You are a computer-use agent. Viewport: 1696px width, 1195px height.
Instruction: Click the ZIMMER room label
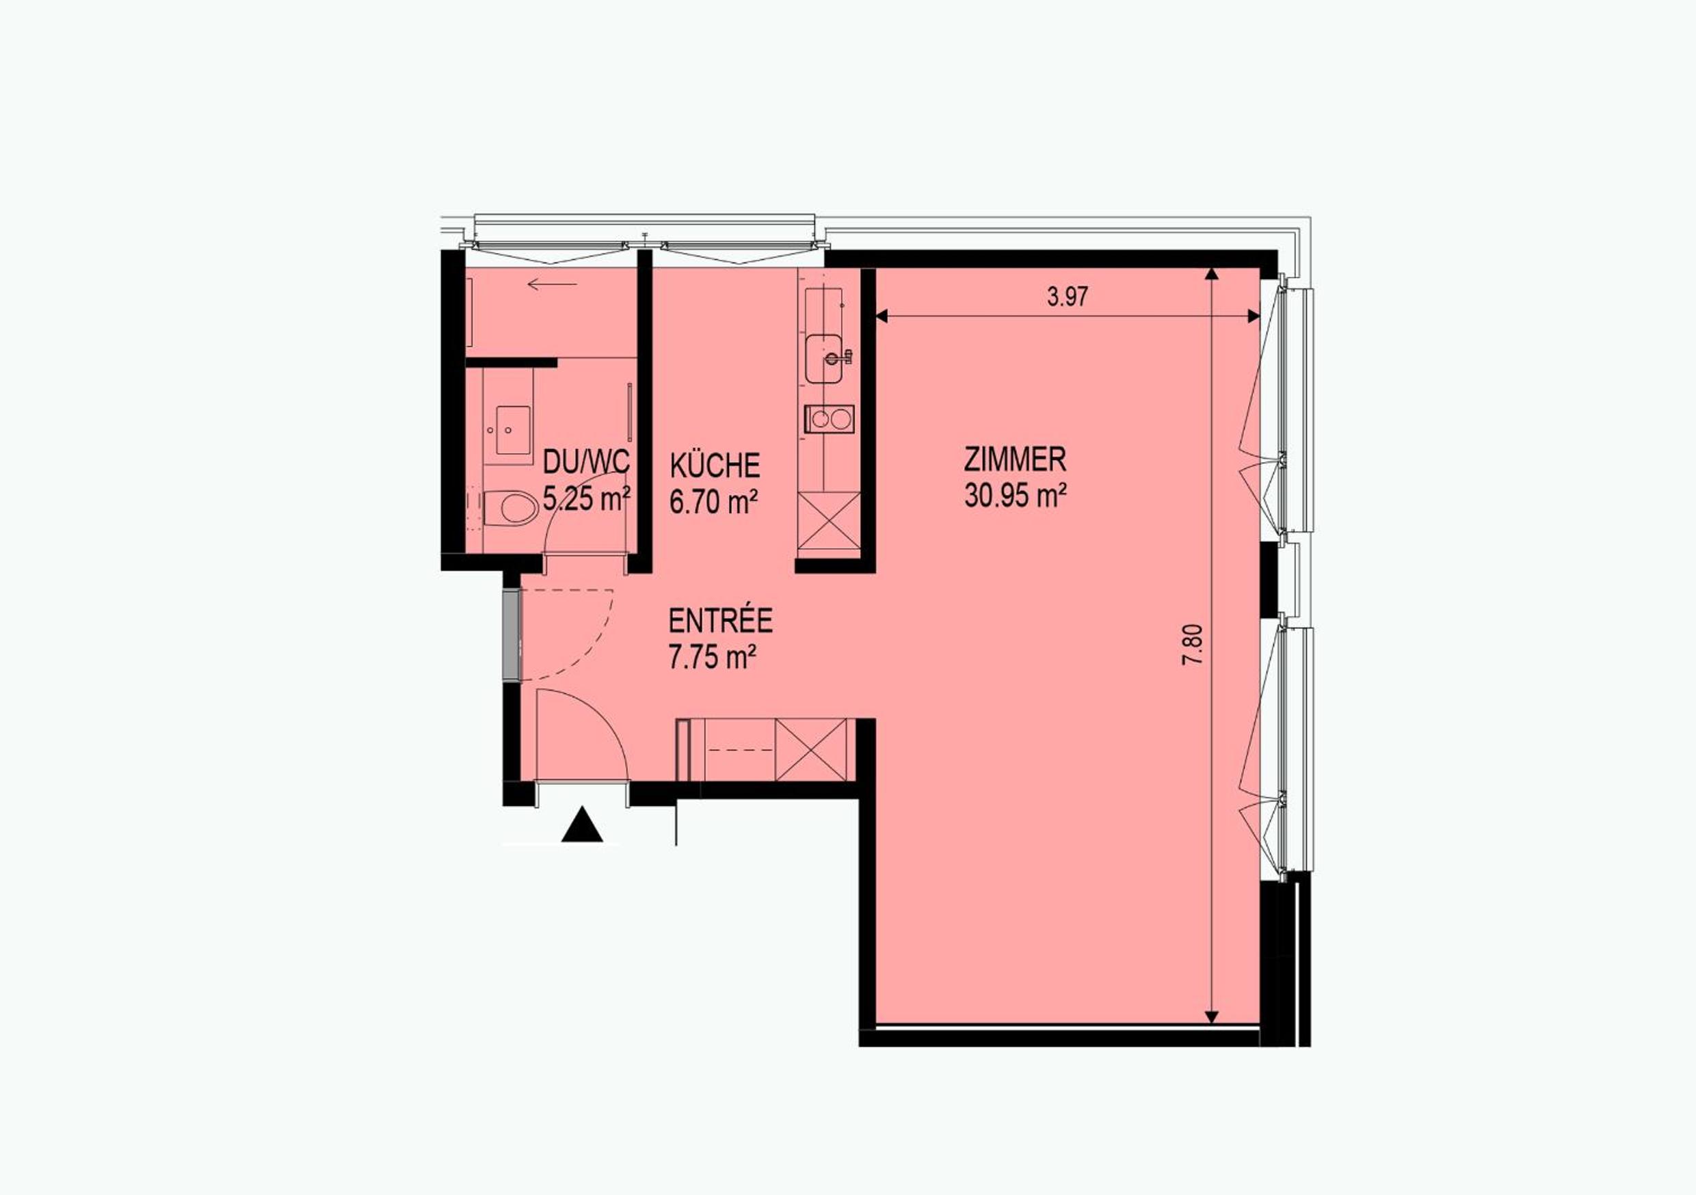1015,459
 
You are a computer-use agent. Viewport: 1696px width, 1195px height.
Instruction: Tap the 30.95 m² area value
1015,495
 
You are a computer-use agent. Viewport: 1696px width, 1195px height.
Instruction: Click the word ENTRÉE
720,620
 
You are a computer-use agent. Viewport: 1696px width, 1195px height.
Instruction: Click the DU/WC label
587,462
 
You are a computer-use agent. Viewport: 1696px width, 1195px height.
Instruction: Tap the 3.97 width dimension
1068,297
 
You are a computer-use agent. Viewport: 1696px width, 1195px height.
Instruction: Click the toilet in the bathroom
512,508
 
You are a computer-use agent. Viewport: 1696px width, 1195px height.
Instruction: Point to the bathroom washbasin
508,430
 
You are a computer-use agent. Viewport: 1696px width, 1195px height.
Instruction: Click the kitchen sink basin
827,359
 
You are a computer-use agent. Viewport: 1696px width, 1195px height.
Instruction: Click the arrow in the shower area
553,284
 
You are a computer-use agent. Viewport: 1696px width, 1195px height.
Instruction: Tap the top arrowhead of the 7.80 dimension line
1210,274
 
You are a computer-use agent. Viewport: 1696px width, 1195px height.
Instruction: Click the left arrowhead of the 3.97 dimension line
882,316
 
